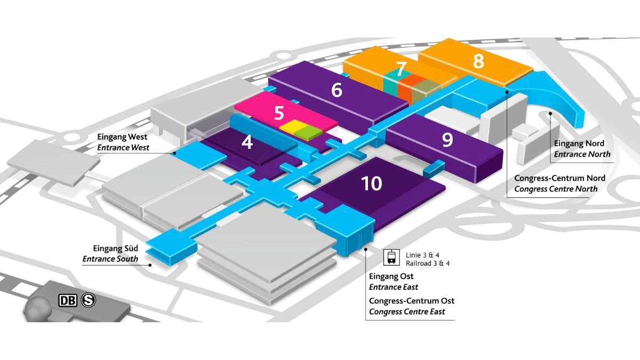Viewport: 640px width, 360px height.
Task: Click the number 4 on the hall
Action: click(246, 143)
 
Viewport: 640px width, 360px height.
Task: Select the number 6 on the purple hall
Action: click(337, 90)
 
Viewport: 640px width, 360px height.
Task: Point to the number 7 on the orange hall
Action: click(401, 69)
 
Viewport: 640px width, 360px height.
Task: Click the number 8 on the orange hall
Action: click(478, 61)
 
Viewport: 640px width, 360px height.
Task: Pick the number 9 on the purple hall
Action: click(447, 140)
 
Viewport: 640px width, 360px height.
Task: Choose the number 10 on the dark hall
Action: click(372, 184)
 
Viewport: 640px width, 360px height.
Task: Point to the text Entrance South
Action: click(110, 259)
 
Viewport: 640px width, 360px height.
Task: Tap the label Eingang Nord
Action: click(579, 144)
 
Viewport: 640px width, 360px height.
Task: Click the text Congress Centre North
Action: click(556, 189)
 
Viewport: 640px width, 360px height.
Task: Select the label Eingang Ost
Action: click(391, 277)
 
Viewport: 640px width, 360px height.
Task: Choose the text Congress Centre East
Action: click(407, 311)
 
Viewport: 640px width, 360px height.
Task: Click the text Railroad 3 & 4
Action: click(428, 263)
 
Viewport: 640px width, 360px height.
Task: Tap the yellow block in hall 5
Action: click(291, 127)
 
